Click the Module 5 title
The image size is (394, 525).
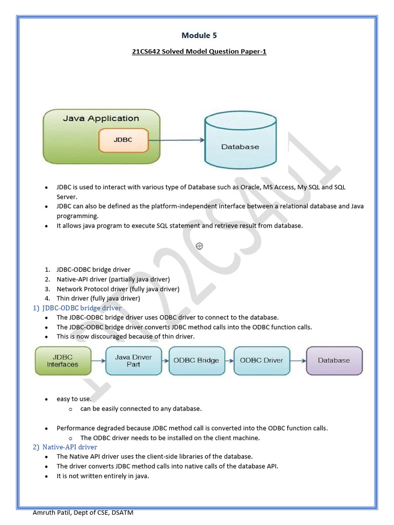(196, 35)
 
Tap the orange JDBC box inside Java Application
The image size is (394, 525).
(123, 139)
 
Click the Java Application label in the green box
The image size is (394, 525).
(101, 118)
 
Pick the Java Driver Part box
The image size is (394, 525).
(133, 360)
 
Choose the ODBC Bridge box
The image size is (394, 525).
(196, 360)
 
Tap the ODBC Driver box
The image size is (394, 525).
(261, 360)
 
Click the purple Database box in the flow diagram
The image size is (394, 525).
(334, 360)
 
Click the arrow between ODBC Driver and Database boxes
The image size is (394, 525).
(298, 360)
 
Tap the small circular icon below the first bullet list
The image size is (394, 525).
(200, 246)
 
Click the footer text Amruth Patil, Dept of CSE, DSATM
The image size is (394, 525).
(83, 513)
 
